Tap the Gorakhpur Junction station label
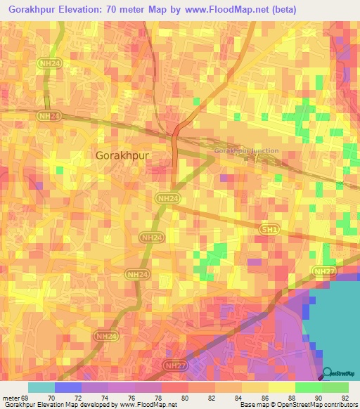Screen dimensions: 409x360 point(246,151)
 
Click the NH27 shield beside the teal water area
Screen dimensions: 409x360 point(325,271)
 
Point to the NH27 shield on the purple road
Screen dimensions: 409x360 point(175,366)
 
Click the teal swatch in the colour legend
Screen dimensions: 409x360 point(41,387)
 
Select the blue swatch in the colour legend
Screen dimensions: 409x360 point(68,387)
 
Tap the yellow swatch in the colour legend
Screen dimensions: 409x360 point(282,387)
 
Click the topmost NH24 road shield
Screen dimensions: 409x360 point(48,63)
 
